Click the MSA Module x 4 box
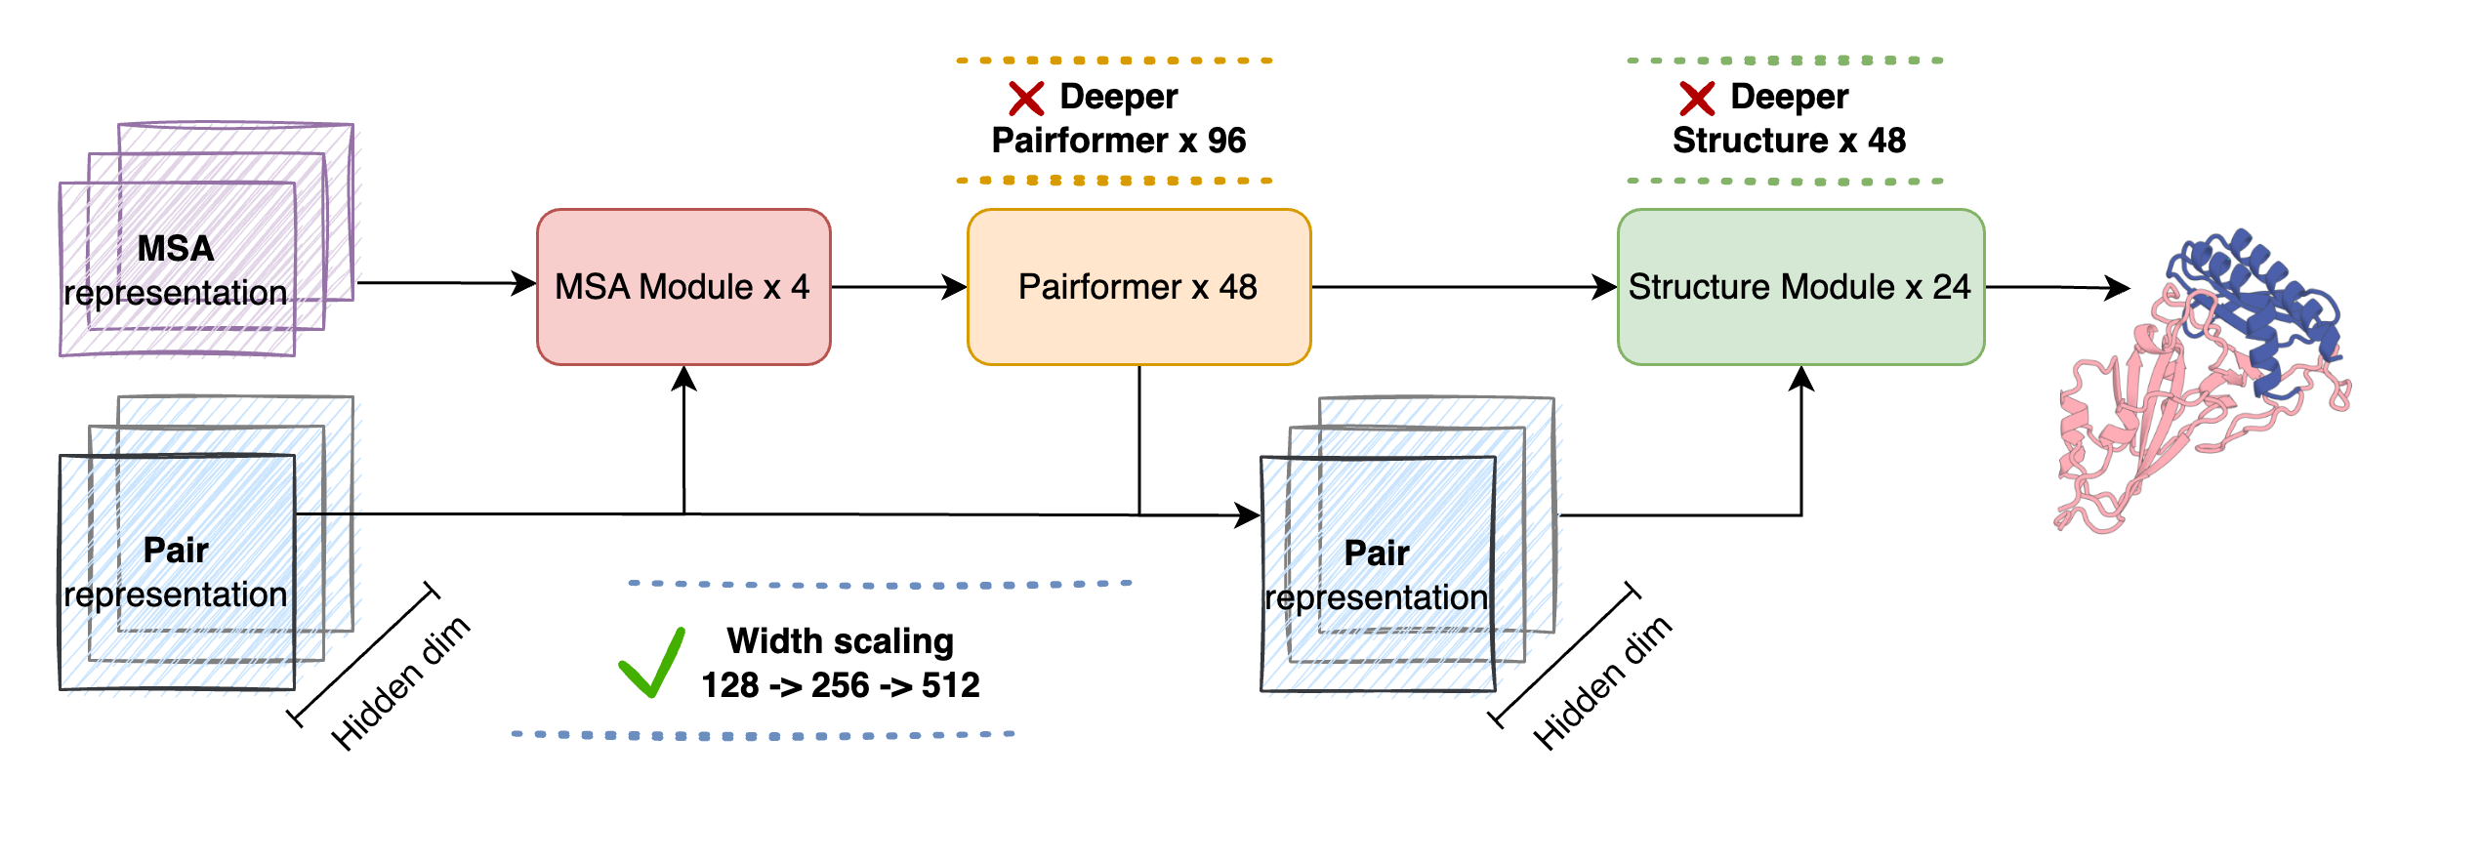[x=682, y=287]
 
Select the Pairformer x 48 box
[x=1137, y=287]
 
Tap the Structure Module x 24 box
[x=1799, y=287]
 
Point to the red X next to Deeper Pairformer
[x=1026, y=99]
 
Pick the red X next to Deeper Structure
[x=1697, y=99]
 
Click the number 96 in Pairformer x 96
[x=1226, y=141]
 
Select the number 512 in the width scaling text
[x=950, y=685]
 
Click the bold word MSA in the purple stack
[x=175, y=248]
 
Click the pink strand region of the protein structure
[x=2148, y=420]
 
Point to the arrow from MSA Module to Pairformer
[x=898, y=287]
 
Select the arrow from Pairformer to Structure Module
[x=1465, y=287]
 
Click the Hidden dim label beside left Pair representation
[x=400, y=683]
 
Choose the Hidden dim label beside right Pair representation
[x=1602, y=683]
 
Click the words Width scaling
[x=840, y=641]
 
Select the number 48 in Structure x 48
[x=1886, y=141]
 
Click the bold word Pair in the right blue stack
[x=1376, y=553]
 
